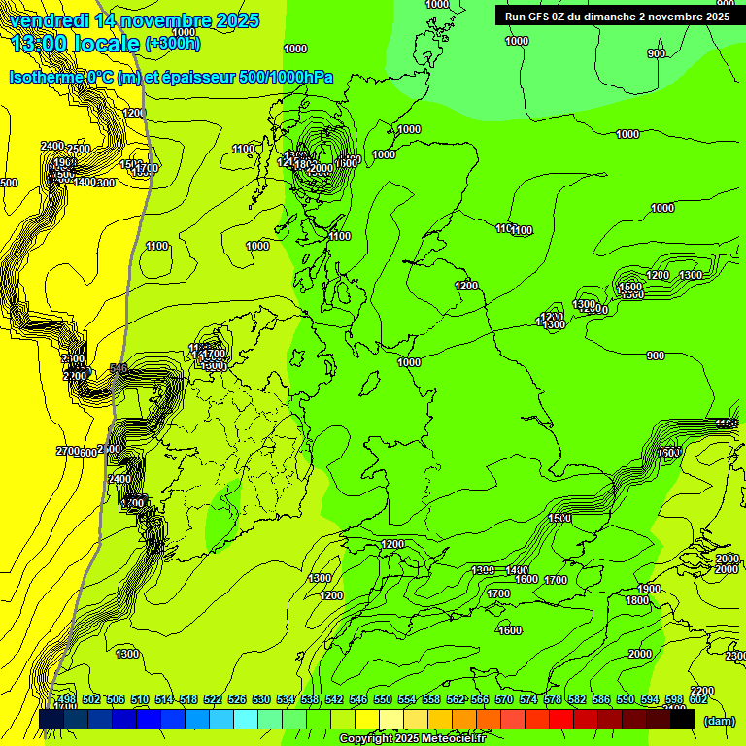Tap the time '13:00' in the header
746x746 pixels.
[x=39, y=43]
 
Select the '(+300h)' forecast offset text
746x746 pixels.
[x=172, y=43]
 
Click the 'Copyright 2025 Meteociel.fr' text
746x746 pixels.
[x=413, y=739]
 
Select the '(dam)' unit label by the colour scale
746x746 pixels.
[x=718, y=721]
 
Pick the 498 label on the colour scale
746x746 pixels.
[x=67, y=699]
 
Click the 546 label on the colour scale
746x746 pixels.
[x=358, y=699]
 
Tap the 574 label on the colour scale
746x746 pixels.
[x=528, y=699]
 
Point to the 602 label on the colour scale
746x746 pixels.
[x=698, y=699]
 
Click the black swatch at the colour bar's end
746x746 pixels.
[x=683, y=720]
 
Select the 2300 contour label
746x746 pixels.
[x=735, y=657]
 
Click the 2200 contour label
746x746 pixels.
[x=701, y=691]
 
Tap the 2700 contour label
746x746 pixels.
[x=68, y=452]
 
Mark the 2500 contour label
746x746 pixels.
[x=80, y=149]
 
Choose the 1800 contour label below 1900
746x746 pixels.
[x=637, y=601]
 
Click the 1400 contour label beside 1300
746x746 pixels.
[x=516, y=570]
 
